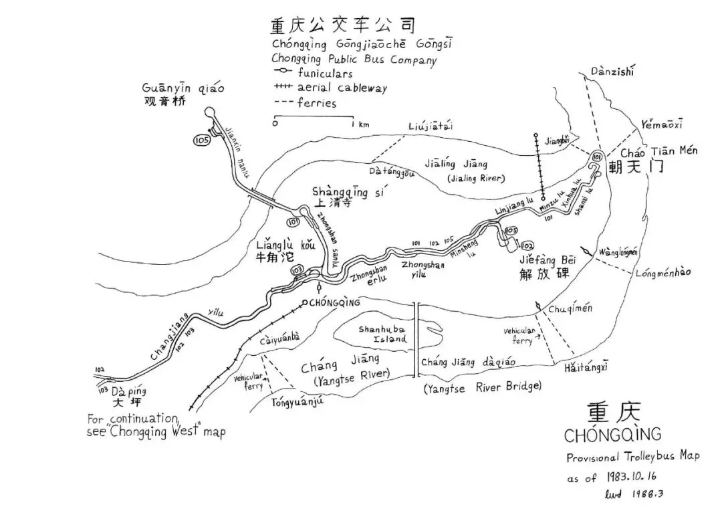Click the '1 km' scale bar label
click(x=364, y=124)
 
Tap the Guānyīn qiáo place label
click(x=183, y=88)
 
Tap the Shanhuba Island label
click(x=382, y=334)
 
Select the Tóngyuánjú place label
click(x=297, y=402)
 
